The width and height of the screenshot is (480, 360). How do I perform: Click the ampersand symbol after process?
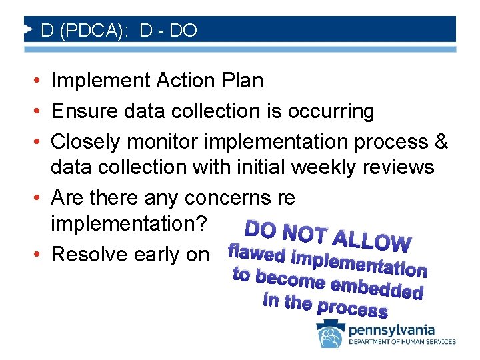(441, 142)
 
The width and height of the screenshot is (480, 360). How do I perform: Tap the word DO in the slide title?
(183, 31)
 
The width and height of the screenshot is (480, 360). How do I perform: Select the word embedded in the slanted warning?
(377, 288)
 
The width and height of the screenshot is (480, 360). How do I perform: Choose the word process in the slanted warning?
(353, 309)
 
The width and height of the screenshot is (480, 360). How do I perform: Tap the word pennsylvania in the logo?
(391, 330)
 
